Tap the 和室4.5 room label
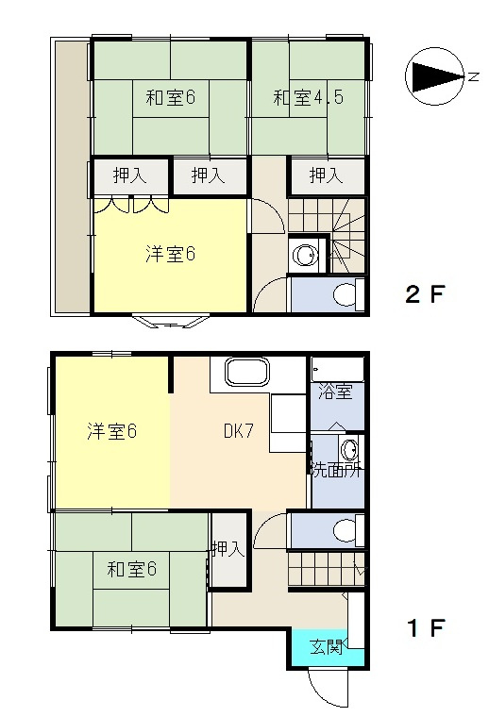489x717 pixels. pyautogui.click(x=308, y=97)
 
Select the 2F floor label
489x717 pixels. pyautogui.click(x=425, y=294)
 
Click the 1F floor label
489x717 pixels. pyautogui.click(x=426, y=627)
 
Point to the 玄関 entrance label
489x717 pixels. pyautogui.click(x=326, y=647)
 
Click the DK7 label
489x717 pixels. pyautogui.click(x=238, y=431)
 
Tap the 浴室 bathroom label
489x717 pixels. pyautogui.click(x=335, y=392)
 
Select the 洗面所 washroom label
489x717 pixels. pyautogui.click(x=337, y=470)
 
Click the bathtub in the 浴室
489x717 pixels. pyautogui.click(x=338, y=369)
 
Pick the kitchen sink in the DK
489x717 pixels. pyautogui.click(x=247, y=373)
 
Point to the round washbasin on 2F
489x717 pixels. pyautogui.click(x=304, y=256)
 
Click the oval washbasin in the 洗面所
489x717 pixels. pyautogui.click(x=351, y=450)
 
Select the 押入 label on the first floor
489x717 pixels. pyautogui.click(x=228, y=548)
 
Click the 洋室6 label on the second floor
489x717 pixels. pyautogui.click(x=171, y=254)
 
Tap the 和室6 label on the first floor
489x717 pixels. pyautogui.click(x=132, y=569)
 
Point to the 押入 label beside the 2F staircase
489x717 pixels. pyautogui.click(x=326, y=175)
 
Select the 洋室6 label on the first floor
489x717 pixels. pyautogui.click(x=112, y=431)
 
